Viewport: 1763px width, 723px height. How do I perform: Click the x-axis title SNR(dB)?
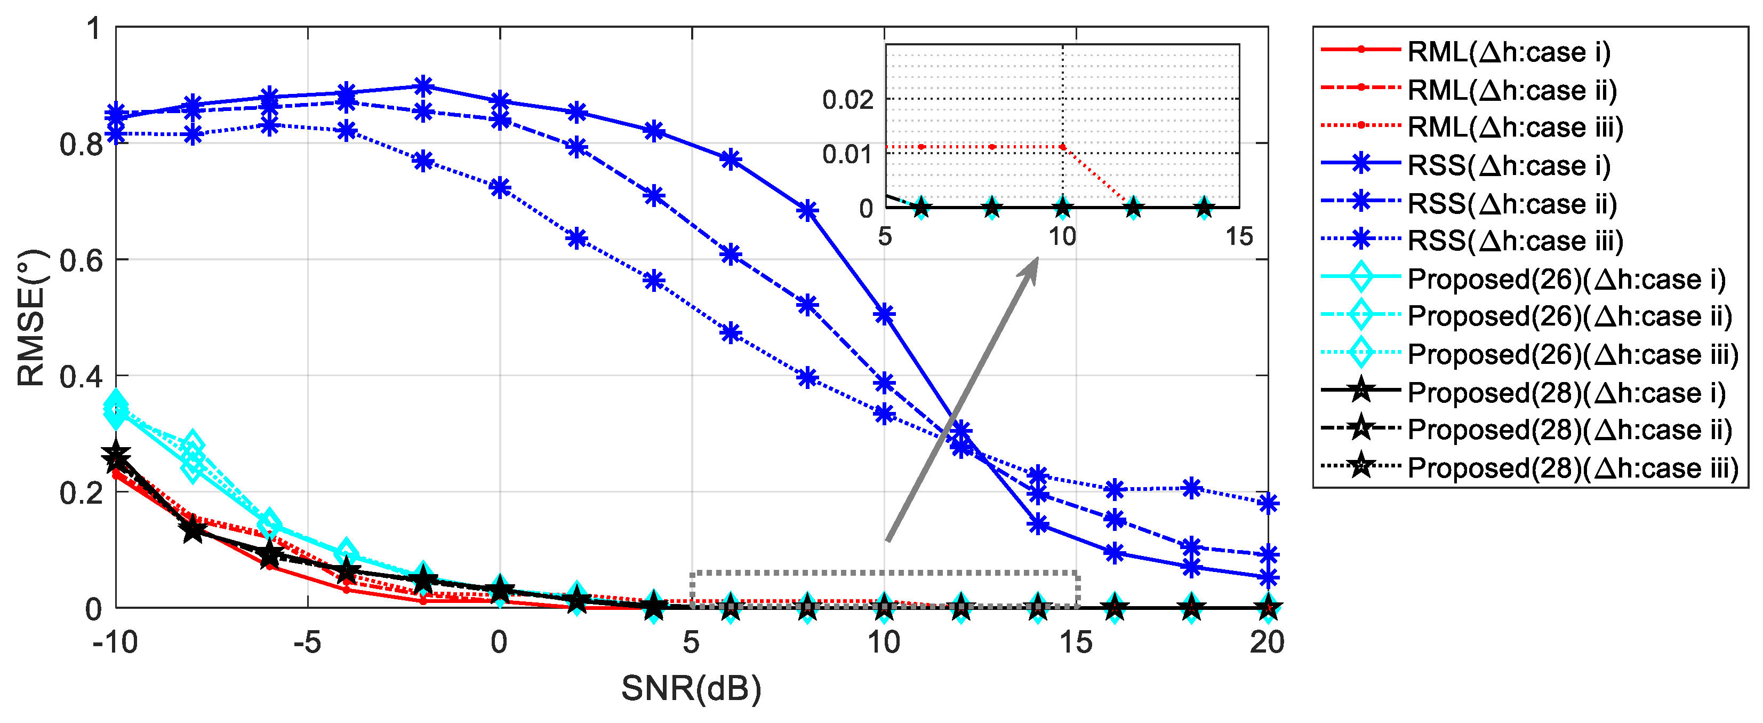pyautogui.click(x=691, y=689)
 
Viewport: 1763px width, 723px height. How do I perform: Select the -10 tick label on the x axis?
pyautogui.click(x=115, y=643)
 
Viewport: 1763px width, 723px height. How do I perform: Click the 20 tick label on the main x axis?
pyautogui.click(x=1267, y=643)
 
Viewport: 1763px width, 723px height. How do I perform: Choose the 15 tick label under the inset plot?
pyautogui.click(x=1239, y=237)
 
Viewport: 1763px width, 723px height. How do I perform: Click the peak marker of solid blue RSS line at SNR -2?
pyautogui.click(x=423, y=86)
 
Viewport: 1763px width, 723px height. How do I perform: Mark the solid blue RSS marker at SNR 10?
pyautogui.click(x=885, y=315)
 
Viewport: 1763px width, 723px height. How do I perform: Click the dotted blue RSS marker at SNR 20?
pyautogui.click(x=1268, y=503)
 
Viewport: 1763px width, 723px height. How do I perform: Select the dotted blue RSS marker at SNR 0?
pyautogui.click(x=500, y=188)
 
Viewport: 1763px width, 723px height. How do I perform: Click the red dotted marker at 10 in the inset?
pyautogui.click(x=1062, y=147)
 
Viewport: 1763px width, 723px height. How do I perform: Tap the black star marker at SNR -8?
pyautogui.click(x=194, y=529)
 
